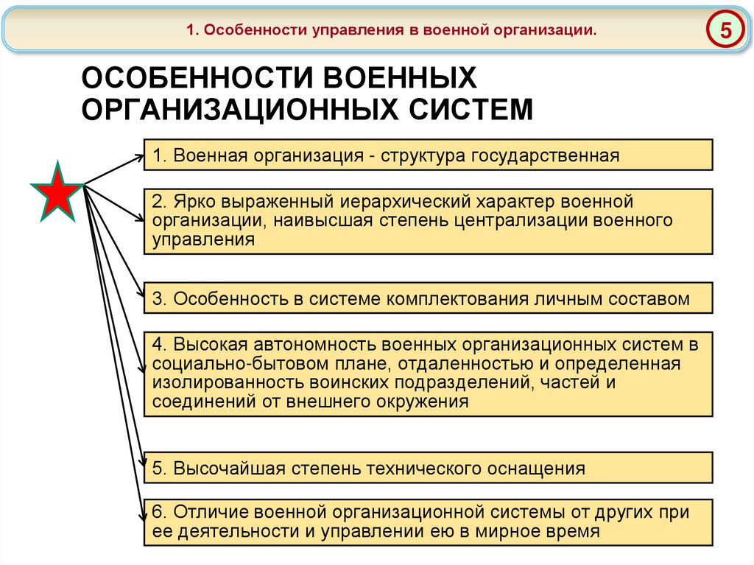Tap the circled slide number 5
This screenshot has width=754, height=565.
(725, 31)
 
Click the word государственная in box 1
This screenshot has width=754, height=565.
(542, 155)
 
